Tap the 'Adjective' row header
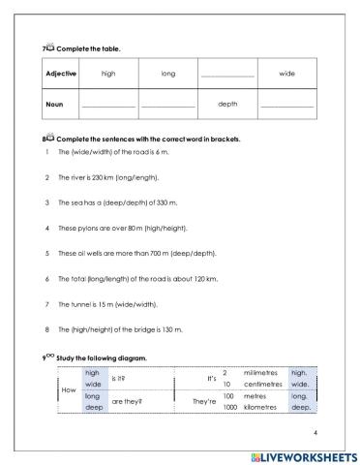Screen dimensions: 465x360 60,73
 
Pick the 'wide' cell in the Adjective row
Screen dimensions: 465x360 287,73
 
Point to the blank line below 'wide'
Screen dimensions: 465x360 287,106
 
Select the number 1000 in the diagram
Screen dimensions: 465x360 229,407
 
